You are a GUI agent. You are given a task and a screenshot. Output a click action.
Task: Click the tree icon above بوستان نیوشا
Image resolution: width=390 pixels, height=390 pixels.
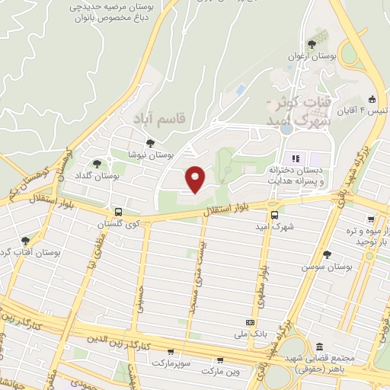coord(150,142)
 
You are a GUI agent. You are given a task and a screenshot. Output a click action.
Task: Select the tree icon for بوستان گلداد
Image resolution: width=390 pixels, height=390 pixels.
coord(96,163)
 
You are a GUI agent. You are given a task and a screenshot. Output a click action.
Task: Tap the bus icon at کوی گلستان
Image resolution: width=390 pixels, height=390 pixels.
coord(117,212)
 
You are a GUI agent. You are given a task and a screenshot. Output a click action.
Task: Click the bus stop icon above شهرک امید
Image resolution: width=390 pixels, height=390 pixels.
coord(275,216)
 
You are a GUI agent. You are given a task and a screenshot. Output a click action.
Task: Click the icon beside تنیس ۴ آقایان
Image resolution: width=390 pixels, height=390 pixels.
coord(372,99)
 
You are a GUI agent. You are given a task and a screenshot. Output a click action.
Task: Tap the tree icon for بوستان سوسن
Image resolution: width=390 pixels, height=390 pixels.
coord(328,254)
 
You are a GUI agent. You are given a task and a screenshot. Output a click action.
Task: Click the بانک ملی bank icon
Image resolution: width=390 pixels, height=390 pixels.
coord(248,322)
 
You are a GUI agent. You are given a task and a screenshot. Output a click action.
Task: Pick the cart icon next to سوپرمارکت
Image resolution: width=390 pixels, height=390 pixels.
coord(170,351)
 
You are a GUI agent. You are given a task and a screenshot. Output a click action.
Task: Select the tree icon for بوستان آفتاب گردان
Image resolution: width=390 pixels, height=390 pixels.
coord(25,241)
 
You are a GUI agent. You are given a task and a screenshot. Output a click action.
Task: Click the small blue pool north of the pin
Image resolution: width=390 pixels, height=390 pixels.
coord(241,90)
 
